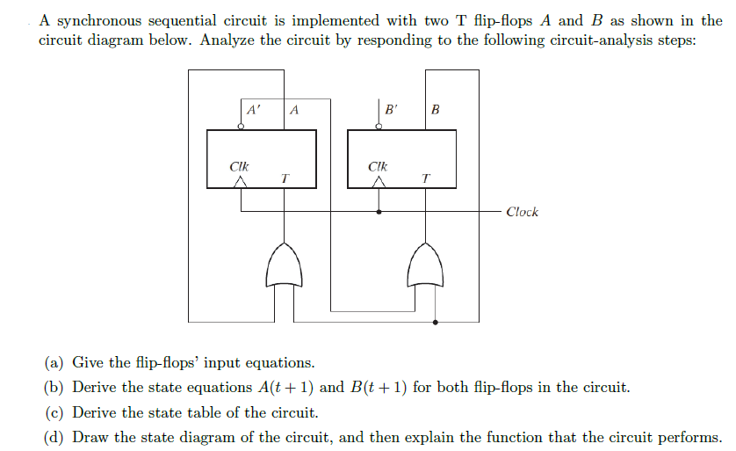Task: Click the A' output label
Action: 253,111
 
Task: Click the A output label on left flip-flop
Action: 293,111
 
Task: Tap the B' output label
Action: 392,111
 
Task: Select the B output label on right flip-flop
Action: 435,111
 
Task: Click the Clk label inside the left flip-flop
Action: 239,165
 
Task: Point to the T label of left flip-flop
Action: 284,178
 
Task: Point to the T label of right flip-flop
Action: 426,178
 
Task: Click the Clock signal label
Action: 523,212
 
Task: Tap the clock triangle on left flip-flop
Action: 241,182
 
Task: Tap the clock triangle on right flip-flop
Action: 379,182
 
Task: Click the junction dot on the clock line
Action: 379,212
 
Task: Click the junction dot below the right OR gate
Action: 436,322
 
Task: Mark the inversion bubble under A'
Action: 241,127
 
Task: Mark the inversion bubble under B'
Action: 379,127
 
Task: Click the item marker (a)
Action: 54,363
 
